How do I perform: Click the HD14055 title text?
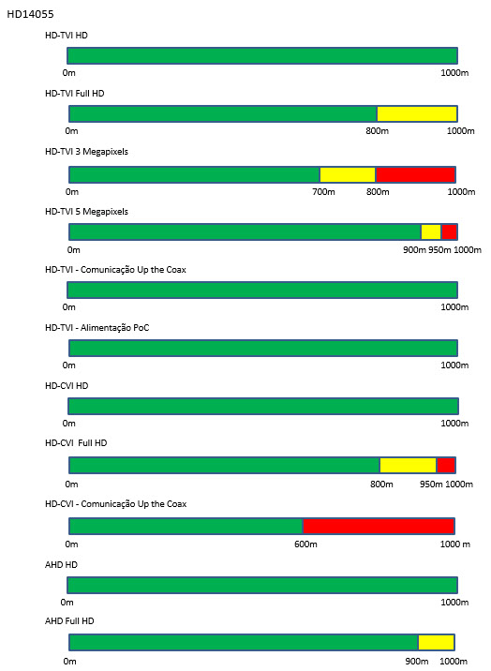[30, 14]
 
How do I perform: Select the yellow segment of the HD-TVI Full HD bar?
[417, 113]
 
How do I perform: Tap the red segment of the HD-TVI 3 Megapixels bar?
[415, 174]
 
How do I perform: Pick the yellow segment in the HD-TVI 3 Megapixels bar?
[348, 174]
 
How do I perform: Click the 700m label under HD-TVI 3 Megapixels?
[323, 192]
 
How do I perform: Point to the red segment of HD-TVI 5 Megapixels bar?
[449, 231]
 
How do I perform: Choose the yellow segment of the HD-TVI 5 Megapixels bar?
[431, 231]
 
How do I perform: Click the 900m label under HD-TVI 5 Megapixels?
[414, 250]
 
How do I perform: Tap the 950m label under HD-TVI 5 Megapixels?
[439, 250]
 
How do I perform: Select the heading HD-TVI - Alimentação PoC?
[97, 328]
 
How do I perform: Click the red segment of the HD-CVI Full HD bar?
[446, 465]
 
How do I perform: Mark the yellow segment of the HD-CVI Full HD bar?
[408, 465]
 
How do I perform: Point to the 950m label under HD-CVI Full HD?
[431, 484]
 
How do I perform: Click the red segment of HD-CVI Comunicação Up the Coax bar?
[379, 526]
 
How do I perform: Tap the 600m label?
[305, 544]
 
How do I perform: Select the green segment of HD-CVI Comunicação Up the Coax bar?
[186, 526]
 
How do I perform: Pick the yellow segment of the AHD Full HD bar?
[437, 642]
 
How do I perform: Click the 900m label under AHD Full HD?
[417, 661]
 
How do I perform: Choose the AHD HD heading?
[61, 565]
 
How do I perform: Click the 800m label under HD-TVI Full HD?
[378, 131]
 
